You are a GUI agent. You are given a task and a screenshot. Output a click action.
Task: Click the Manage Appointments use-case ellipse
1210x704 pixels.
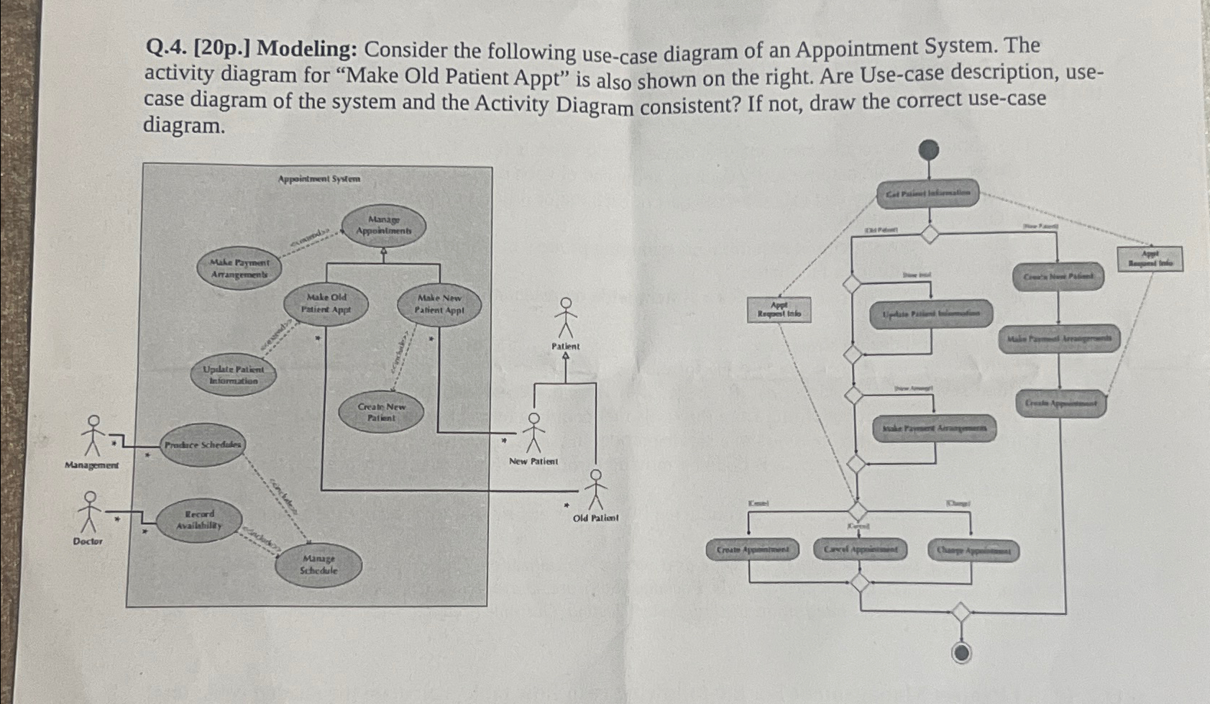point(384,225)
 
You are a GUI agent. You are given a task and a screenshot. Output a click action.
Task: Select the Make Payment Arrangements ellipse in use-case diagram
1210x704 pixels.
point(239,269)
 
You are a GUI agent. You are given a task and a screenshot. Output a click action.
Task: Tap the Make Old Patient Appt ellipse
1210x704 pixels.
point(326,303)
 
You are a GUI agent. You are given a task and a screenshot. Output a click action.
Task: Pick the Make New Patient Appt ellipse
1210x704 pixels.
point(439,304)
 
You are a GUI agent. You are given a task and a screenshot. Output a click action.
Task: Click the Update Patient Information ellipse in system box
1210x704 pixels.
point(234,375)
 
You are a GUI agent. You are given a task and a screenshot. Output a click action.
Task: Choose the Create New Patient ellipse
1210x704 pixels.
point(381,412)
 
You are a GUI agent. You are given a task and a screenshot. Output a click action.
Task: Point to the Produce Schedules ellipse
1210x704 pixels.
point(203,445)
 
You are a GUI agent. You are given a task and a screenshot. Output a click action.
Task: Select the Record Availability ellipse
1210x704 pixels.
point(199,520)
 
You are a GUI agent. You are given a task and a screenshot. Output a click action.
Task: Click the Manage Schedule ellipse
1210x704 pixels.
point(318,564)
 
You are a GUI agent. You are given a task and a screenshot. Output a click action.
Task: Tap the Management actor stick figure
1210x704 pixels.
point(92,436)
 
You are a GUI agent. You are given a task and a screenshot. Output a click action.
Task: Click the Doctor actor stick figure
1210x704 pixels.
point(90,511)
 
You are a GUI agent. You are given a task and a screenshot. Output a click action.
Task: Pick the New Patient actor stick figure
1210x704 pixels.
point(533,432)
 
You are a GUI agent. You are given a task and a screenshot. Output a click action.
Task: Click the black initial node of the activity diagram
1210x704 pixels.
point(929,150)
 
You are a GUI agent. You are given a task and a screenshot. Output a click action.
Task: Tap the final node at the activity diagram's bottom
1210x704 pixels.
point(961,652)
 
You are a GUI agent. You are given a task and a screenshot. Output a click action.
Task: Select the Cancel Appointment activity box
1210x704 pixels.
point(861,550)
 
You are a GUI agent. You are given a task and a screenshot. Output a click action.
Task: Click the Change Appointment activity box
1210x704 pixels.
point(973,552)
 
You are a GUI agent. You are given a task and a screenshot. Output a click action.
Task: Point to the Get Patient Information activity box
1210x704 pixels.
point(928,193)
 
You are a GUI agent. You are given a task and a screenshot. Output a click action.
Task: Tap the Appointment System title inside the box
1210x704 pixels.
point(319,178)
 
